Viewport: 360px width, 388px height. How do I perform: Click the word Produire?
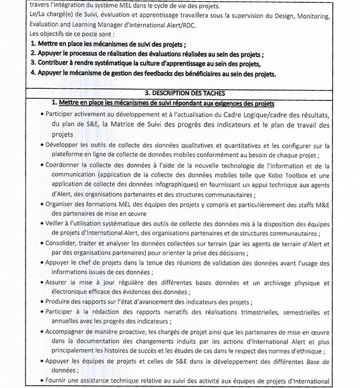coord(59,303)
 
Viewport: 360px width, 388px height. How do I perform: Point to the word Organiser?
coord(62,205)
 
